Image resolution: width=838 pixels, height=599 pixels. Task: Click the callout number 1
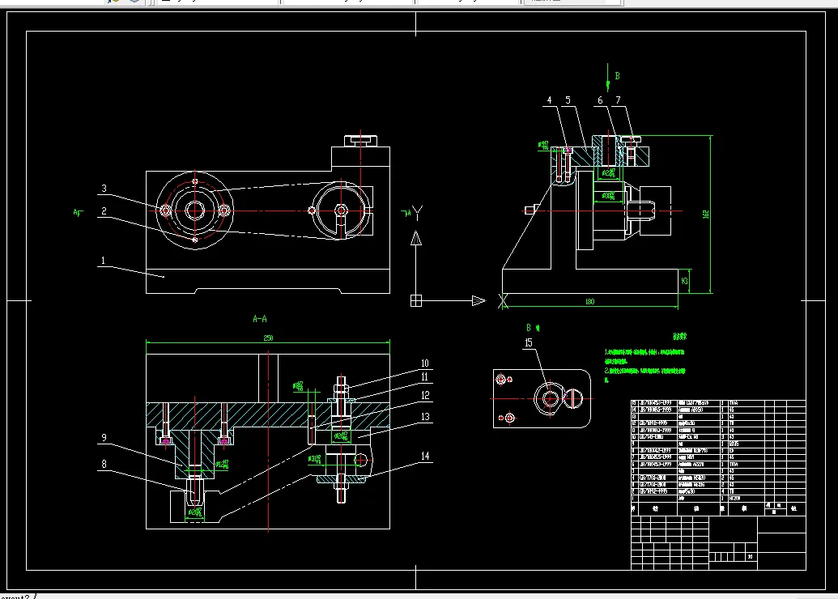(103, 261)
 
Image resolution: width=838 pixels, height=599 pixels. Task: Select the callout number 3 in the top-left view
(104, 189)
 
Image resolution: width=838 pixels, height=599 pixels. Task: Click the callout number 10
(425, 363)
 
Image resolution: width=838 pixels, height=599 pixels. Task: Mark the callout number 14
(425, 456)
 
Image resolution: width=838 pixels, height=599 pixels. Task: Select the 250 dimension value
(268, 338)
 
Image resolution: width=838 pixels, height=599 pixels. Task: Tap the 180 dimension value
(589, 302)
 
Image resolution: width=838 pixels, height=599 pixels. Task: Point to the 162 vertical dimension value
(706, 215)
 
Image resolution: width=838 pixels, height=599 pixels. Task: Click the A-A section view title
(260, 320)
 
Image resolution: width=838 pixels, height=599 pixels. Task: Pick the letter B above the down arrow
(617, 75)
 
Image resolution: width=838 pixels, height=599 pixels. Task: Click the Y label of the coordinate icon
(419, 214)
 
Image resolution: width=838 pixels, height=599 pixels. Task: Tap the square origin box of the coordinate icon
(416, 301)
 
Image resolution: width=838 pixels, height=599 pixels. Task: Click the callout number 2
(104, 211)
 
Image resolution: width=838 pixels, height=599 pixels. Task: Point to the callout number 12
(425, 396)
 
